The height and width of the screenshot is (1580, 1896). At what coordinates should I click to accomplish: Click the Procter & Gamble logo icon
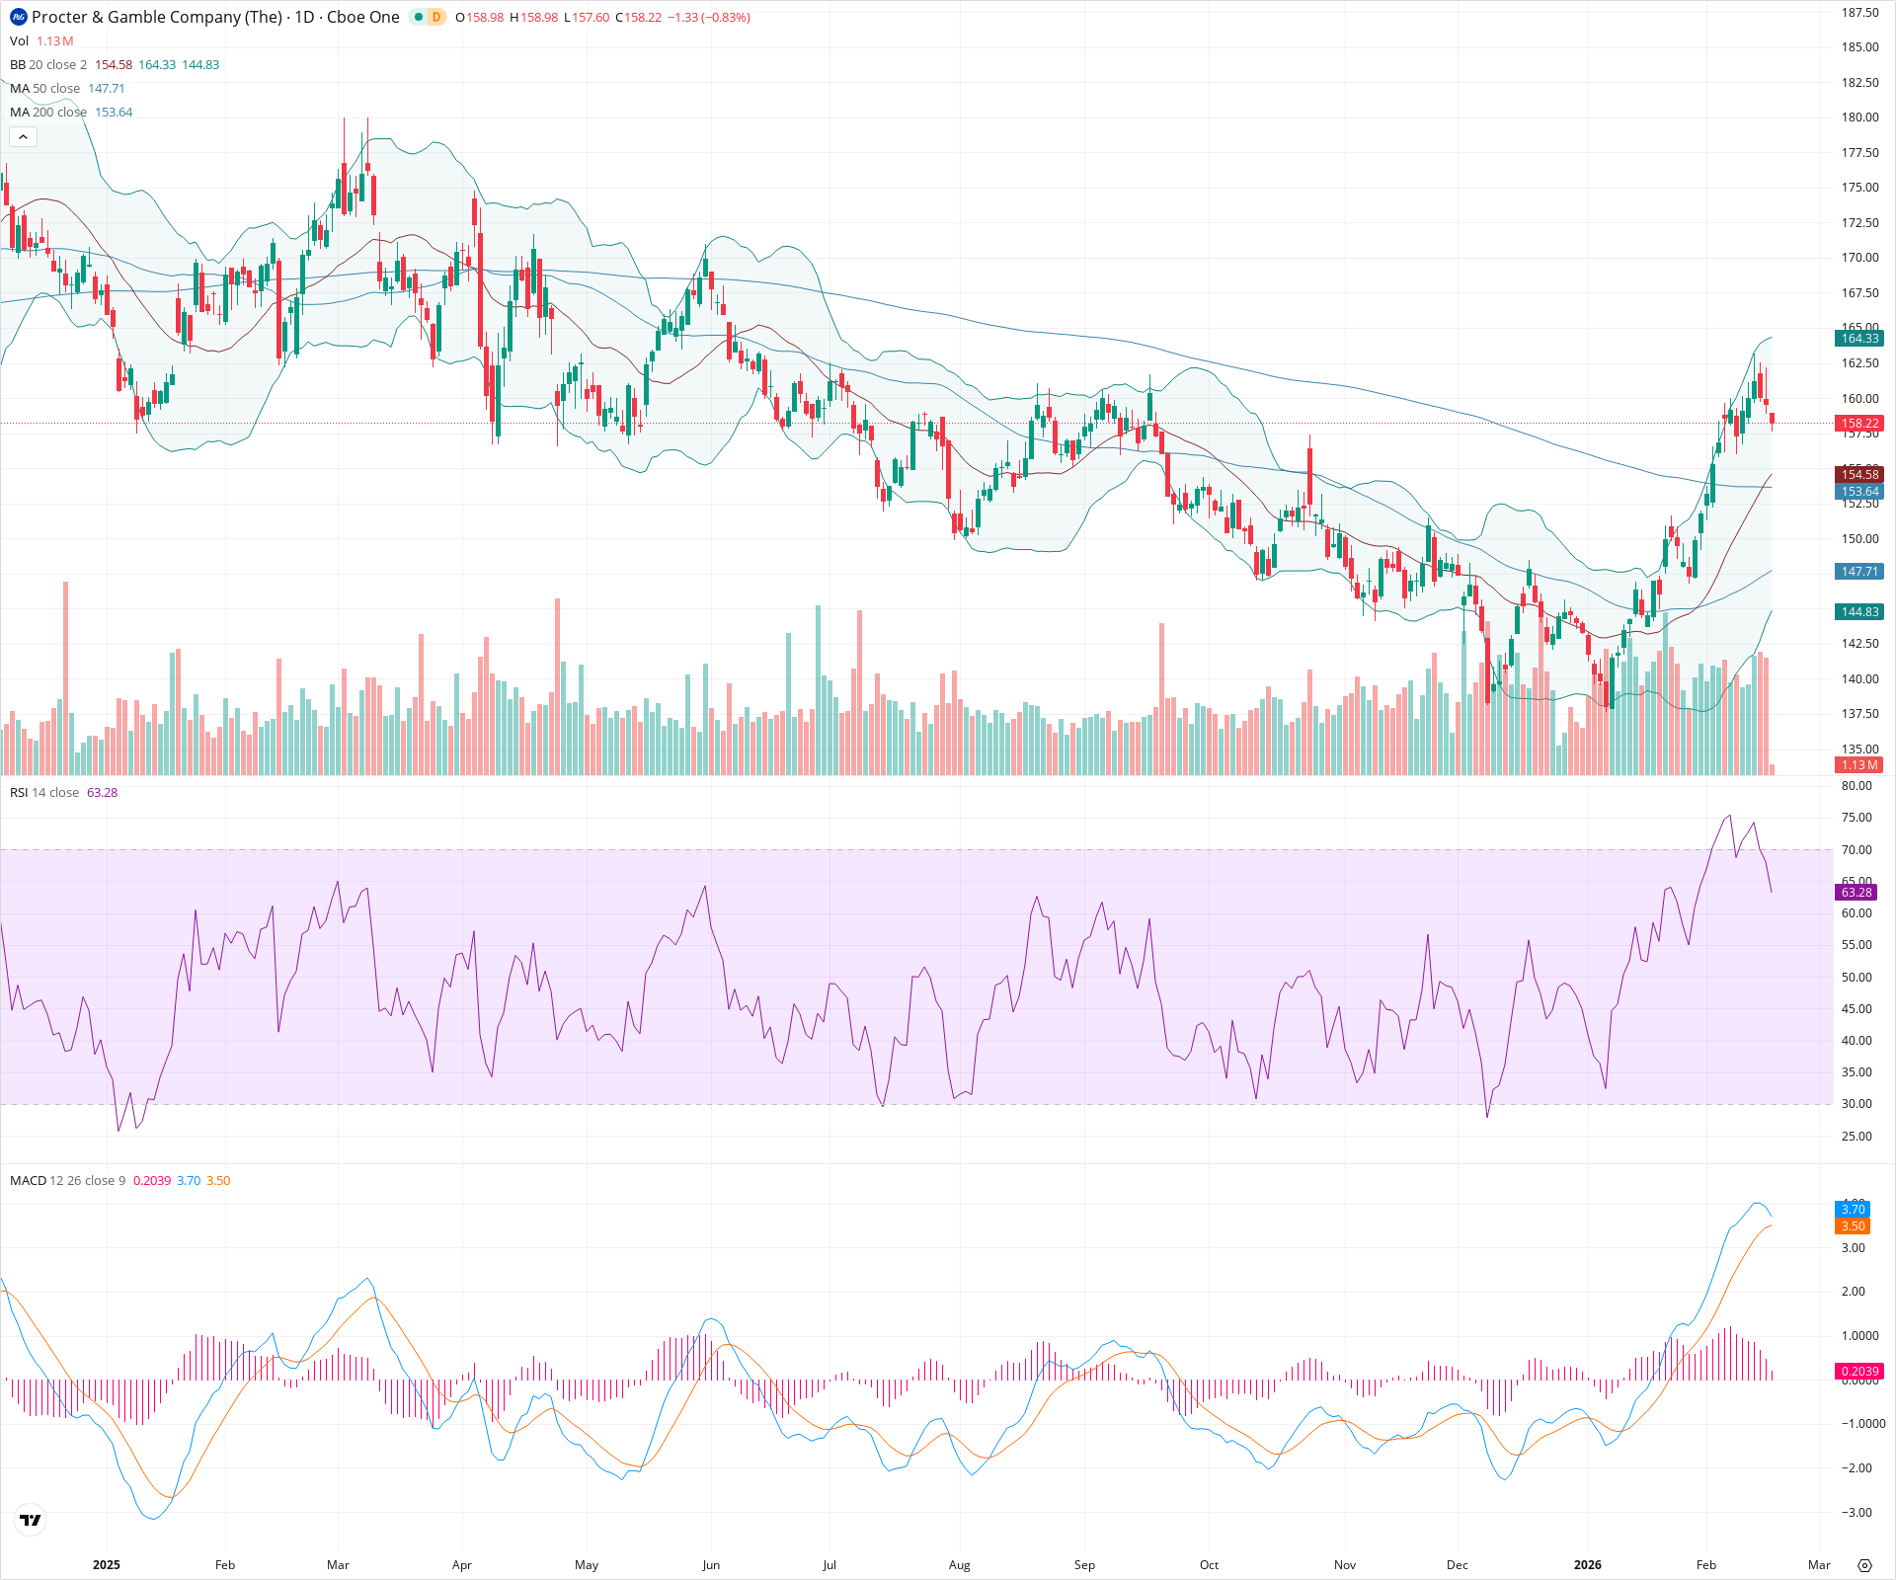(18, 17)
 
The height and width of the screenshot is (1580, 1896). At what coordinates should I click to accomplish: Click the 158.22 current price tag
(1858, 424)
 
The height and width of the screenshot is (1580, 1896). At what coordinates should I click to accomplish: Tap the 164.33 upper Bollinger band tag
(1858, 339)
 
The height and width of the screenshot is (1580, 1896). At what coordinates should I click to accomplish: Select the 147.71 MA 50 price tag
(1858, 572)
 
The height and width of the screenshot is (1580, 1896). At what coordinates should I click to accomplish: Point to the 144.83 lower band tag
(1858, 612)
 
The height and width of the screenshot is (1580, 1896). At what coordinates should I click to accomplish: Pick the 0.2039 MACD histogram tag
(1858, 1372)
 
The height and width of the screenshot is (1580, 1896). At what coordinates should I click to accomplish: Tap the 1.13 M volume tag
(1858, 765)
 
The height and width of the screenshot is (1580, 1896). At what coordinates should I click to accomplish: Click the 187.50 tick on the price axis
(1859, 13)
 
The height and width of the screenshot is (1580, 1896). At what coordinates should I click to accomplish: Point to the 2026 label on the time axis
(1587, 1565)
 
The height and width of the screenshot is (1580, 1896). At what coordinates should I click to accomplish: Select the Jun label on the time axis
(711, 1565)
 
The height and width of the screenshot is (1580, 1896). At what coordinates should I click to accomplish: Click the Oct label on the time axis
(1209, 1565)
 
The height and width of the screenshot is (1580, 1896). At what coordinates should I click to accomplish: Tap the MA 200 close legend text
(48, 113)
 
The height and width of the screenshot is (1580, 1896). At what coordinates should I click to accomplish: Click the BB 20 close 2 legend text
(48, 65)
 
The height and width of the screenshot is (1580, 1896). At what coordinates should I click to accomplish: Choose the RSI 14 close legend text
(44, 793)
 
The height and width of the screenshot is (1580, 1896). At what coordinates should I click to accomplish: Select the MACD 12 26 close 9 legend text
(67, 1181)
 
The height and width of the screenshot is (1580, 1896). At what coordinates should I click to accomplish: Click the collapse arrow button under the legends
(23, 137)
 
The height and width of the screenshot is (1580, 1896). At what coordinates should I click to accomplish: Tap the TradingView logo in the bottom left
(31, 1520)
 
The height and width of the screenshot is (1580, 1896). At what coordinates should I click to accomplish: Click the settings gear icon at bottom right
(1864, 1565)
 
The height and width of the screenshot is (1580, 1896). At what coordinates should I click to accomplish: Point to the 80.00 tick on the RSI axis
(1856, 786)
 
